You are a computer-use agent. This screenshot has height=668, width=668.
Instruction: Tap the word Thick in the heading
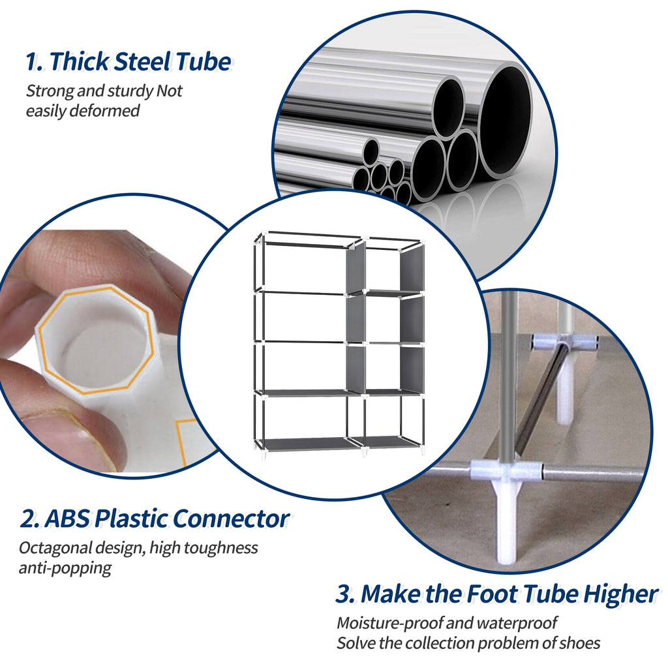point(80,61)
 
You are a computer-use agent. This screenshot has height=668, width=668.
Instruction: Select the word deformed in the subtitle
point(104,111)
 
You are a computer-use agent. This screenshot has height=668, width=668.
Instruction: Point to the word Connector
point(232,519)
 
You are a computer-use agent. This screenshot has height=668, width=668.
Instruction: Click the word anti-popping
point(65,568)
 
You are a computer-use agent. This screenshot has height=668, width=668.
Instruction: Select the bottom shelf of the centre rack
point(338,443)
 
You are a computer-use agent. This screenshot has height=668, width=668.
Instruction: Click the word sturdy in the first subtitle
point(130,91)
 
